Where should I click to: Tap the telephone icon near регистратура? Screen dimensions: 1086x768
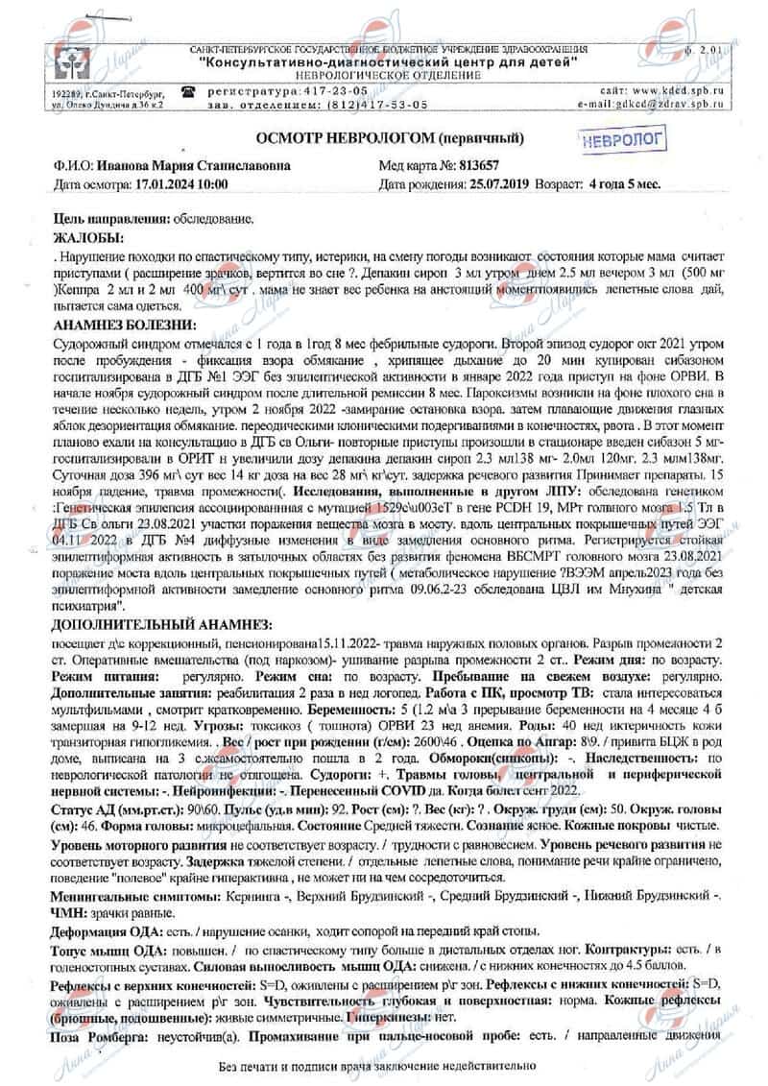[x=189, y=89]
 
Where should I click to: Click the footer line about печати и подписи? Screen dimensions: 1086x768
[x=381, y=1066]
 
